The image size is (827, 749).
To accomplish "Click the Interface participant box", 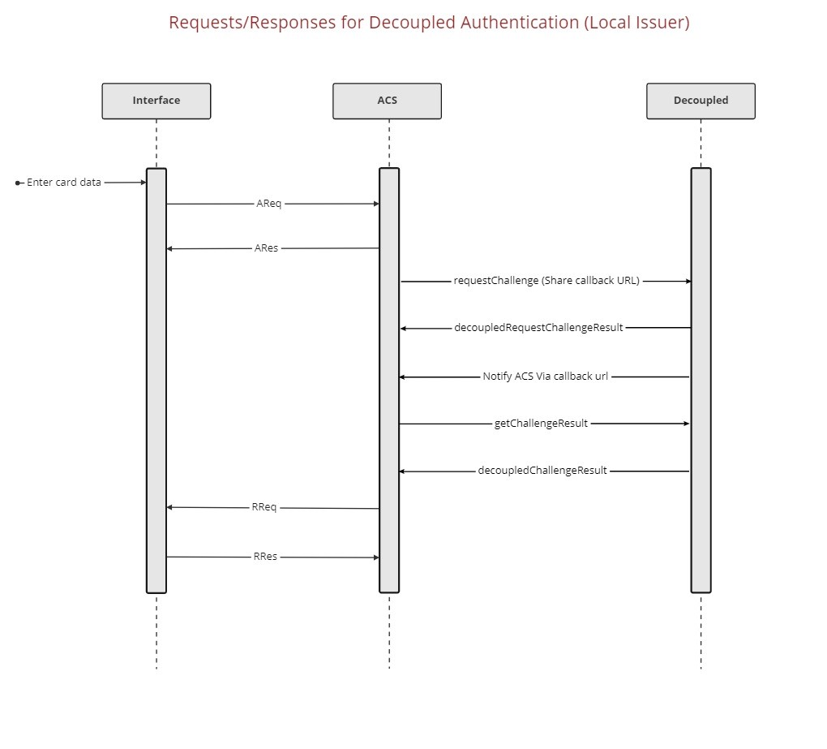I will (x=156, y=101).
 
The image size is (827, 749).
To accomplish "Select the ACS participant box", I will (x=387, y=101).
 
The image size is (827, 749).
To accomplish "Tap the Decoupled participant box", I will (x=701, y=101).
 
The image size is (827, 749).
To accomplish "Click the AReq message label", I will (x=269, y=204).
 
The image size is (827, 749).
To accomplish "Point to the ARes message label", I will (x=266, y=248).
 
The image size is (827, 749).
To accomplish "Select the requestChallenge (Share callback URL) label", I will (x=546, y=281).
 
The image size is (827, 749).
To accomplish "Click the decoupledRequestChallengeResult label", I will (x=538, y=328).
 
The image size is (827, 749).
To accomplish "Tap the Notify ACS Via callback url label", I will (x=546, y=377).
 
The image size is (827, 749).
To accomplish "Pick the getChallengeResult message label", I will (x=541, y=424).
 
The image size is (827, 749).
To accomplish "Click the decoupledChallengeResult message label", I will (x=542, y=471).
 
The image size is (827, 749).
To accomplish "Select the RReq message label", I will (x=264, y=507).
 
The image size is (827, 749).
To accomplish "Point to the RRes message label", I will (x=265, y=557).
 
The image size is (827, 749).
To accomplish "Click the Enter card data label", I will (x=64, y=183).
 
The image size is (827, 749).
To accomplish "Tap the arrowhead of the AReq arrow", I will (x=375, y=204).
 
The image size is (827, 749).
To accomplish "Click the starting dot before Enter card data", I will (x=18, y=183).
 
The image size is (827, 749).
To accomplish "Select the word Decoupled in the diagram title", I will (x=413, y=23).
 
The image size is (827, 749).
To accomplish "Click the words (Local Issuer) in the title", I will (x=636, y=23).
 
